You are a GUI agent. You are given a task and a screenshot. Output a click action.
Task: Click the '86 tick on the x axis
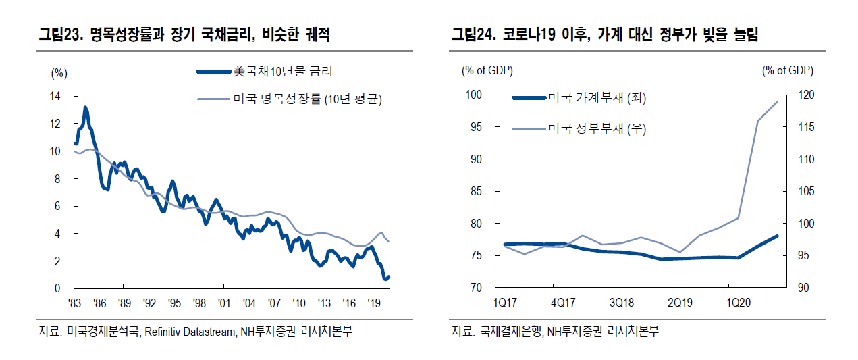click(99, 303)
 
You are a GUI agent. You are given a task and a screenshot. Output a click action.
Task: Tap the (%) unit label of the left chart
click(59, 72)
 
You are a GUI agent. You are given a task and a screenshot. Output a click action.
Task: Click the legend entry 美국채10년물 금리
click(282, 71)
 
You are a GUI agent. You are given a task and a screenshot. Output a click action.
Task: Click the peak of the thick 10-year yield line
click(85, 107)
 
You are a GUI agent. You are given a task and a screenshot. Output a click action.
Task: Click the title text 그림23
click(59, 35)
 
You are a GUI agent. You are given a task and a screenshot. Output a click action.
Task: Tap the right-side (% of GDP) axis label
click(787, 70)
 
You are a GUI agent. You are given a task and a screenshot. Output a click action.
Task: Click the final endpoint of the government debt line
click(778, 101)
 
